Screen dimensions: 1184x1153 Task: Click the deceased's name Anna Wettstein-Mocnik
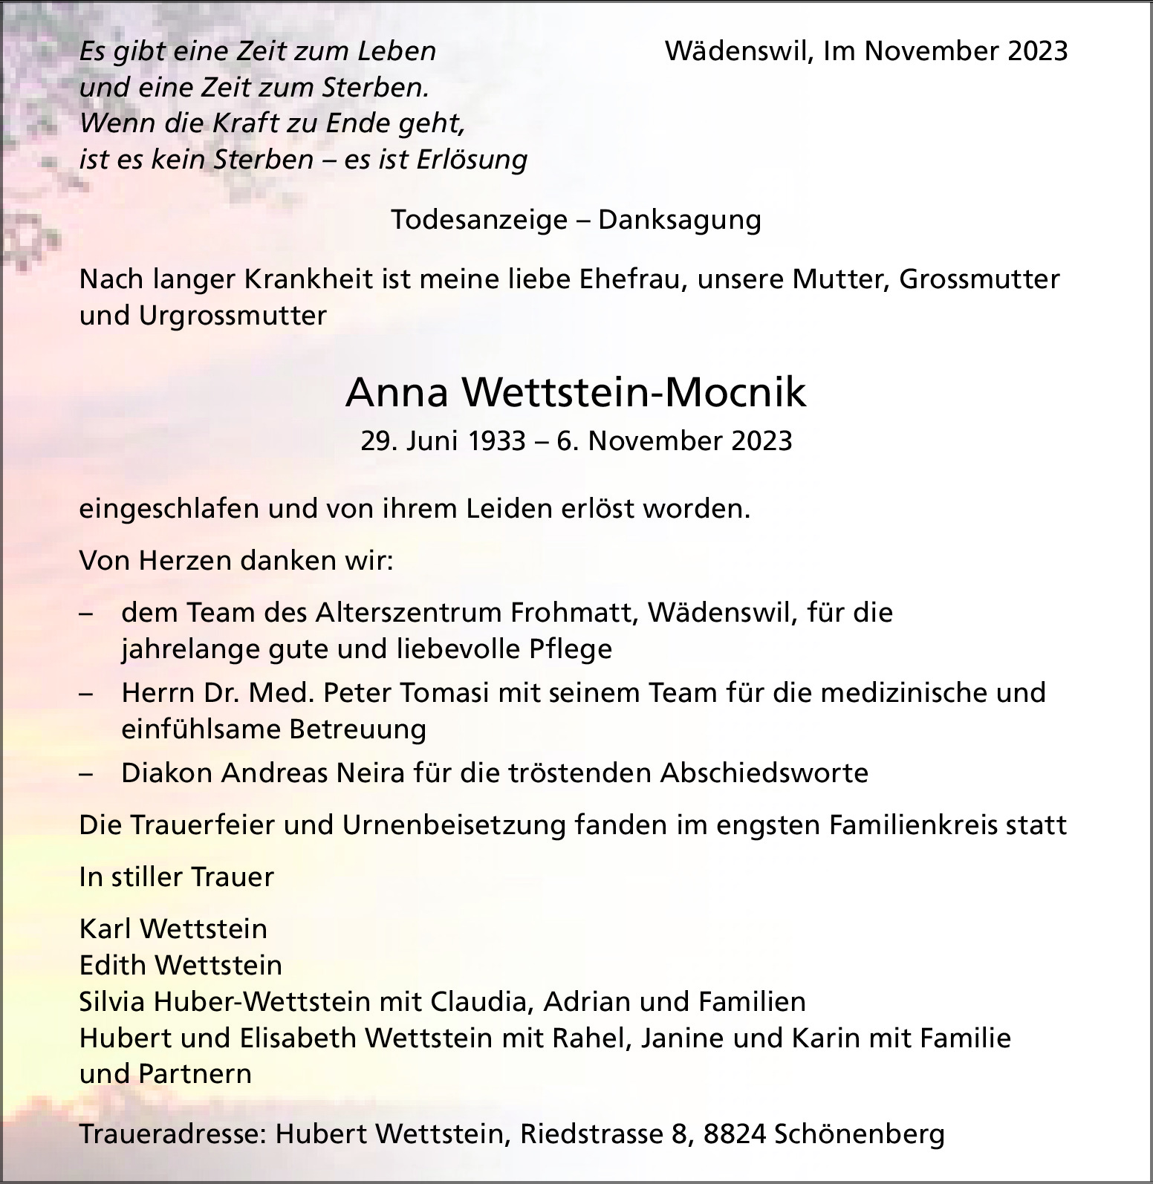point(576,392)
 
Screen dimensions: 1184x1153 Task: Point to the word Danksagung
point(680,220)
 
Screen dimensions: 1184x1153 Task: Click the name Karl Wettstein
point(173,928)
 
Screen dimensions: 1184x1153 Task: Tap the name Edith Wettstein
point(181,965)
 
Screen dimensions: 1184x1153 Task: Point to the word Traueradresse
point(172,1134)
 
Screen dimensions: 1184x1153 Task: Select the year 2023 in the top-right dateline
point(1038,51)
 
